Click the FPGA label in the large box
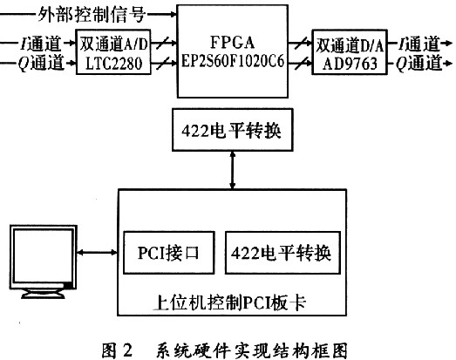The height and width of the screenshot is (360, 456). click(x=233, y=43)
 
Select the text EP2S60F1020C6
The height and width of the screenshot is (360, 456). click(x=233, y=61)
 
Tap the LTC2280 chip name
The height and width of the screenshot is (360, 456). click(x=113, y=64)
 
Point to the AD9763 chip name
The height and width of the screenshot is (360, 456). click(x=350, y=64)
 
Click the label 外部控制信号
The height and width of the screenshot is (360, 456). click(x=92, y=14)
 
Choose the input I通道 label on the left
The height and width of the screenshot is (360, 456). click(x=41, y=44)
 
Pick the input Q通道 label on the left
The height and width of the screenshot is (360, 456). click(x=41, y=63)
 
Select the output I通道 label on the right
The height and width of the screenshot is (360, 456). click(x=419, y=44)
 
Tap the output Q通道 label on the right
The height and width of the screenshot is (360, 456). click(x=419, y=64)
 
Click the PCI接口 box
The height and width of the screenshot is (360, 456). click(x=169, y=253)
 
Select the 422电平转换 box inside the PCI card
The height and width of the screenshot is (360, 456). click(x=283, y=253)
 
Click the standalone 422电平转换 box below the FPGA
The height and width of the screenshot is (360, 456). click(x=233, y=130)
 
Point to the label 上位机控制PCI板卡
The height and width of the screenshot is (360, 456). click(x=230, y=302)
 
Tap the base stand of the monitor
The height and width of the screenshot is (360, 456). click(x=43, y=294)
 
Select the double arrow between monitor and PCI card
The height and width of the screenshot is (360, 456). click(x=97, y=253)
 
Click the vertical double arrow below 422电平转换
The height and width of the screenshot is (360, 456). click(x=233, y=170)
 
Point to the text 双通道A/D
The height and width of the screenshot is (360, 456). click(x=113, y=44)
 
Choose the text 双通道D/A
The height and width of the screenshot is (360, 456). click(x=350, y=45)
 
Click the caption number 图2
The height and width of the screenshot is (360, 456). click(x=117, y=350)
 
